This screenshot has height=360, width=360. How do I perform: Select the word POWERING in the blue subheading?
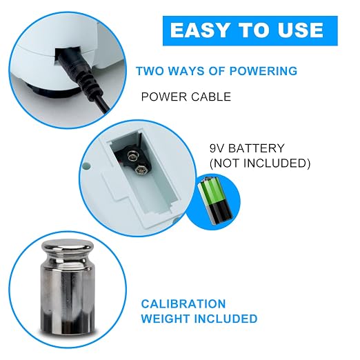tap(263, 71)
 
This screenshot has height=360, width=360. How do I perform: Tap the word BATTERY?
tap(257, 148)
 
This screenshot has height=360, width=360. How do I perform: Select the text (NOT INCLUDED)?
tap(260, 163)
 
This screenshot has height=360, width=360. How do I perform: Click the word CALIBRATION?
tap(183, 304)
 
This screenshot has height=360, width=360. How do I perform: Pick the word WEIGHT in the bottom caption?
tap(166, 319)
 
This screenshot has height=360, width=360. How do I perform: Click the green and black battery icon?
tap(215, 201)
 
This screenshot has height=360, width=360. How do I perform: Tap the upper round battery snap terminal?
tap(132, 157)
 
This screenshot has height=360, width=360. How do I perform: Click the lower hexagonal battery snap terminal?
tap(140, 170)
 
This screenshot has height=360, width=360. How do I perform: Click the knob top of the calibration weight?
tap(68, 248)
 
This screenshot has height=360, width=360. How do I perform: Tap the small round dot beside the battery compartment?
tap(86, 166)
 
